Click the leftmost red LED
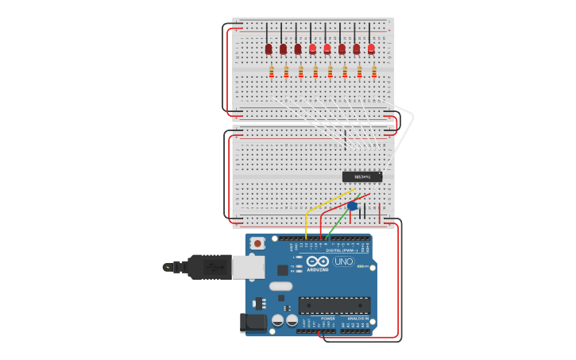coord(269,49)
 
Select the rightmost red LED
coord(371,48)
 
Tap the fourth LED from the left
coord(312,49)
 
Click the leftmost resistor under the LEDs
coord(272,72)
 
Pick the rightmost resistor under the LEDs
coord(373,72)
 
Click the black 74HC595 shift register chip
coord(362,176)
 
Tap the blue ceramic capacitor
coord(353,206)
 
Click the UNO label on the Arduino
coord(343,261)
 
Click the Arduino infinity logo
coord(318,261)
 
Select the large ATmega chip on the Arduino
coord(334,304)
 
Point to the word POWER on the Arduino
coord(327,318)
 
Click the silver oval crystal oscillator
coord(280,286)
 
